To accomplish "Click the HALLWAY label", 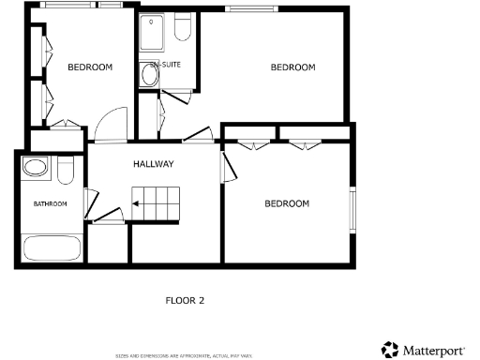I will pos(153,164).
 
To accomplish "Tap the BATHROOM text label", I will pos(51,203).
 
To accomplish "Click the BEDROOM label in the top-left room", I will pos(90,67).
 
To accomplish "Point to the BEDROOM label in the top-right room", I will pos(292,67).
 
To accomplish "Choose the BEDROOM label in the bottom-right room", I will pos(286,203).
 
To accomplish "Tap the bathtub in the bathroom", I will pos(52,249).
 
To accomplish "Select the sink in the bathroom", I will pos(37,169).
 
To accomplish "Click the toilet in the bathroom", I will pos(65,170).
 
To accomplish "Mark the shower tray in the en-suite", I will pos(152,33).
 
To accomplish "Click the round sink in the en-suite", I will pos(149,74).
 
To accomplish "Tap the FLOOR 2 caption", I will pos(184,301).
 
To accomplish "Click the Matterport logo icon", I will pos(389,349).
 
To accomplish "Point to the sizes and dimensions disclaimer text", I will pos(184,355).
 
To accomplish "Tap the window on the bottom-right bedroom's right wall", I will pos(353,209).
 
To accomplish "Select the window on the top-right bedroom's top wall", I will pos(247,9).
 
